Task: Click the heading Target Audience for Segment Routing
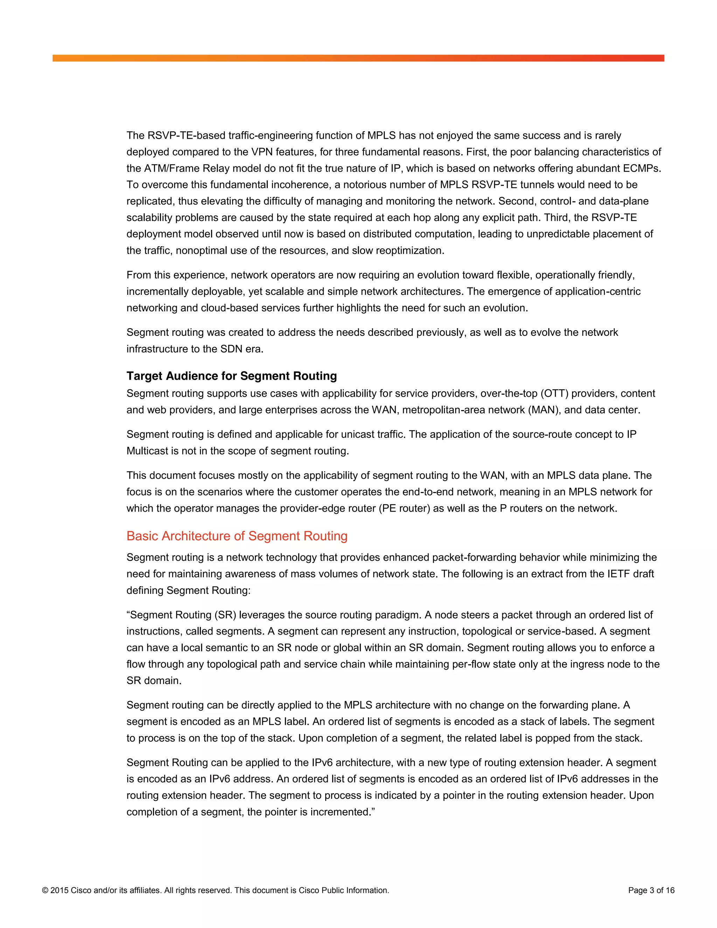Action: click(x=231, y=376)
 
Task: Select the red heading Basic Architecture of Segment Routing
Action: click(x=237, y=536)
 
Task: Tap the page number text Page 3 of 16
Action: click(x=651, y=890)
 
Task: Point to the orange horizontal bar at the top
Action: click(x=358, y=58)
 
